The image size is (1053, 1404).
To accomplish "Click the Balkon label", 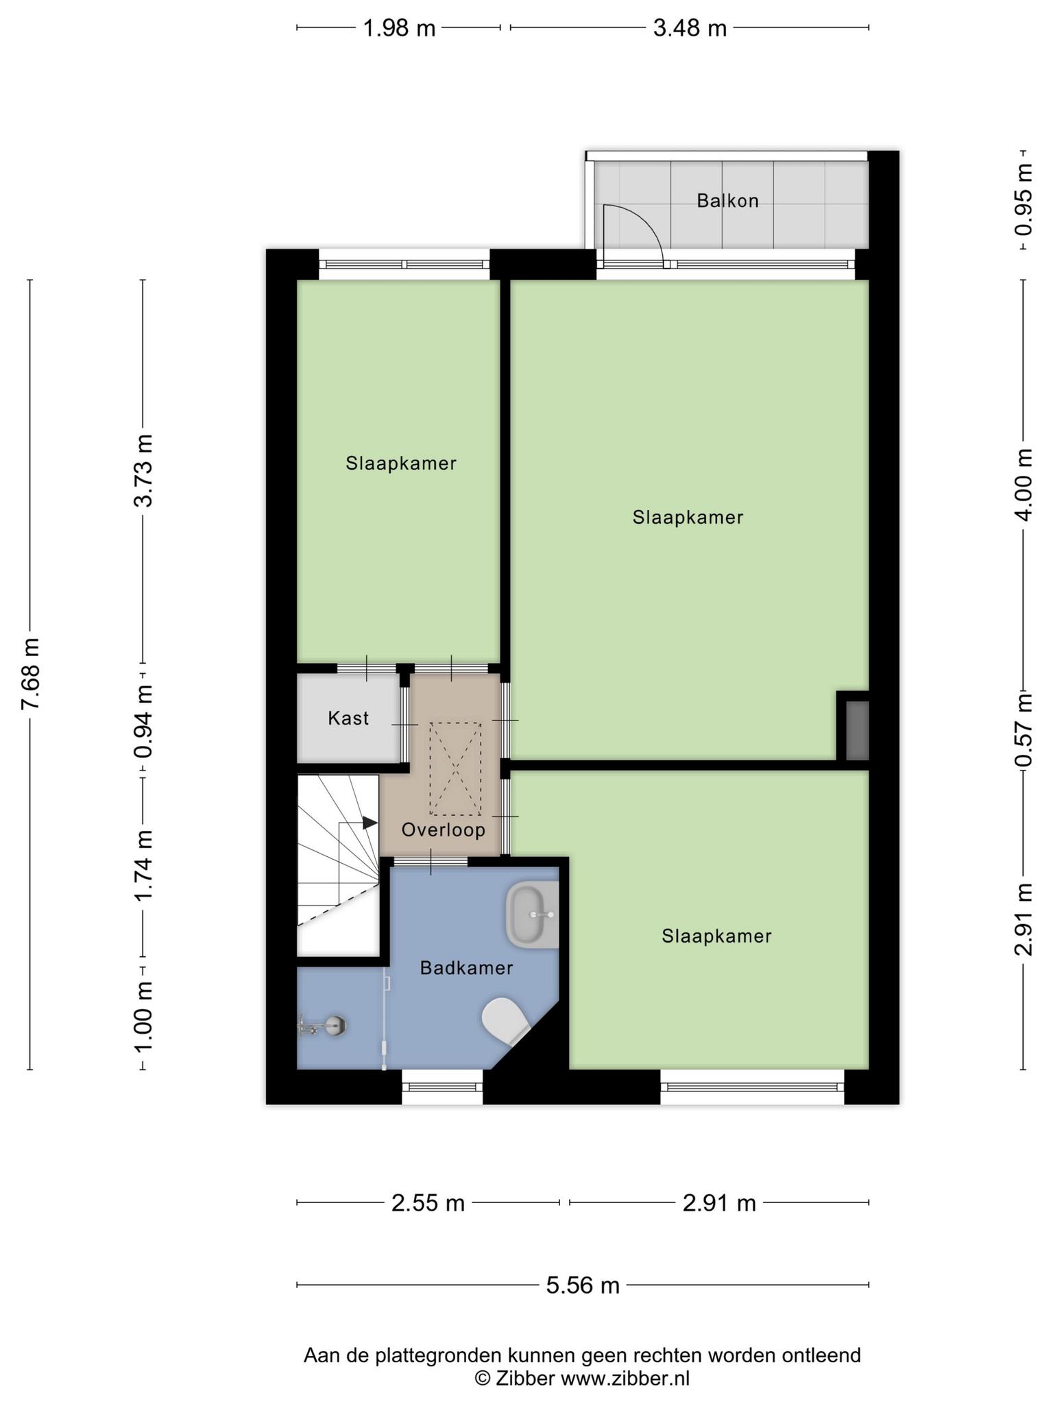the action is coord(727,201).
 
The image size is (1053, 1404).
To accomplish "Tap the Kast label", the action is coord(348,718).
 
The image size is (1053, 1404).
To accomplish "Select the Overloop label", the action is coord(444,830).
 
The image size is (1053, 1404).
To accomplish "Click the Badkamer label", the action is coord(467,968).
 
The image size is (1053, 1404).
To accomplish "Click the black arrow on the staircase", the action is coord(370,823).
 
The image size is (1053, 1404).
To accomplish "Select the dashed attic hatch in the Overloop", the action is coord(455,768).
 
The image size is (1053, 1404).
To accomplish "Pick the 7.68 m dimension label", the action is coord(31,675).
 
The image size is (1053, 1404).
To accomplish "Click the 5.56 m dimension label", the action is coord(583,1285).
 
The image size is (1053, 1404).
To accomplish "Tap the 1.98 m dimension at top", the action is coord(399,28).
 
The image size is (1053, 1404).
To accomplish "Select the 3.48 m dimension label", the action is coord(690,28).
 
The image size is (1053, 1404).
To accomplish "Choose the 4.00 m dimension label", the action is coord(1024,485).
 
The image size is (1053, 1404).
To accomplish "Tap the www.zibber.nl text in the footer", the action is coord(625,1378).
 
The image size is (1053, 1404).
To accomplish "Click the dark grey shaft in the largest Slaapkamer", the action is coord(858,730).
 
